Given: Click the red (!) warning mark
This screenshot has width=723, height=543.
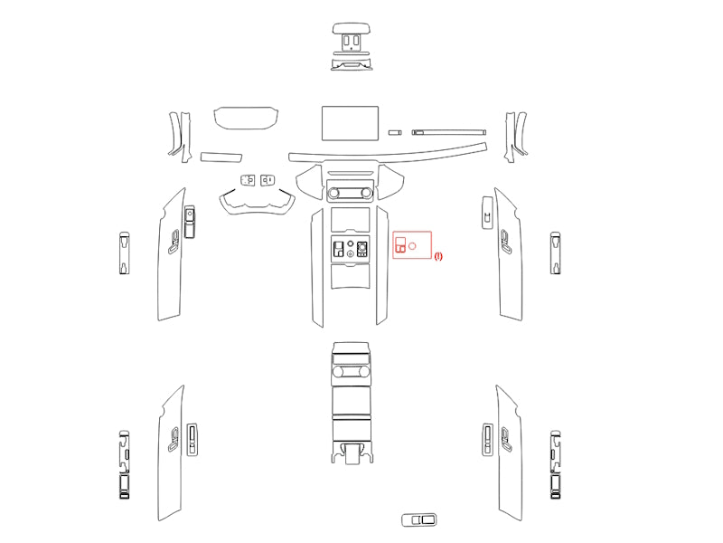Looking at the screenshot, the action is pyautogui.click(x=438, y=256).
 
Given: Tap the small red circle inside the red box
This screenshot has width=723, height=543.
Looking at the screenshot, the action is pyautogui.click(x=412, y=246).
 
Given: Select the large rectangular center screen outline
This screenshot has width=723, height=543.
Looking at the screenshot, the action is pyautogui.click(x=350, y=123).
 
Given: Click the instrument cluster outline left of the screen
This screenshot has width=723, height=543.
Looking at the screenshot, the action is pyautogui.click(x=246, y=119).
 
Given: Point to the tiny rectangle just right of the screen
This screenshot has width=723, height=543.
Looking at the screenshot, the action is pyautogui.click(x=395, y=132).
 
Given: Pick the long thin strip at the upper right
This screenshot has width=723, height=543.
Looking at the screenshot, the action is pyautogui.click(x=448, y=132).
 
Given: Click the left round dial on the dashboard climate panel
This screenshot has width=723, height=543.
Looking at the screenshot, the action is pyautogui.click(x=333, y=193).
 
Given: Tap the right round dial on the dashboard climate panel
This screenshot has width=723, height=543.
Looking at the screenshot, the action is pyautogui.click(x=367, y=193).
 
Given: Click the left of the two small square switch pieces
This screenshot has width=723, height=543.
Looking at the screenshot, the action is pyautogui.click(x=248, y=180).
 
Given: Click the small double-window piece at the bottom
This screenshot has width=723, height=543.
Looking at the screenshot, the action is pyautogui.click(x=419, y=519).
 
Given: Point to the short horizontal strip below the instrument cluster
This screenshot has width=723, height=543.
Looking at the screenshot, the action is pyautogui.click(x=221, y=157).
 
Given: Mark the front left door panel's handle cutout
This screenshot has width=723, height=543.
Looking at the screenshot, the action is pyautogui.click(x=174, y=242).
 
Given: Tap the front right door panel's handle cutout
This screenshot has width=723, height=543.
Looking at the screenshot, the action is pyautogui.click(x=506, y=241).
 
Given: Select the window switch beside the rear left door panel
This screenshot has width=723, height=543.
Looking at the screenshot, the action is pyautogui.click(x=192, y=440).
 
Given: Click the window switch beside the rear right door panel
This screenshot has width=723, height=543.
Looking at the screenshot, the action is pyautogui.click(x=487, y=440).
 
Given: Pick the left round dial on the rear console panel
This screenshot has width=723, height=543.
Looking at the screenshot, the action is pyautogui.click(x=338, y=371).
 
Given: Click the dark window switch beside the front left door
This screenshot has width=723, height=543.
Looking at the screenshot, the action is pyautogui.click(x=190, y=222).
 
